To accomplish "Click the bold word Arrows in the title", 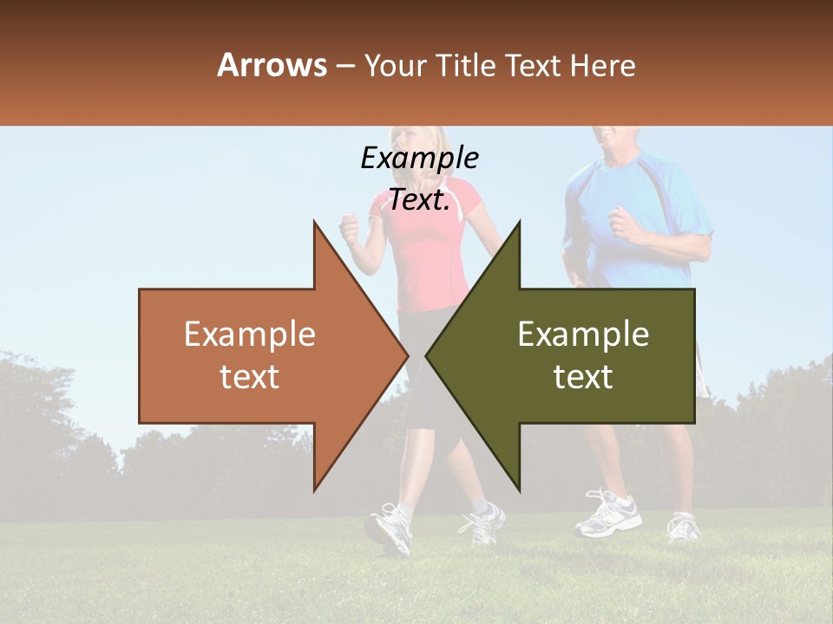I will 272,65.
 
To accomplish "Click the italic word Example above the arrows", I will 419,159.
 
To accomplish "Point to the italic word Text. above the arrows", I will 419,200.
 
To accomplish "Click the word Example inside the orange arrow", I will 250,335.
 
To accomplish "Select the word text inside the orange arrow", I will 250,377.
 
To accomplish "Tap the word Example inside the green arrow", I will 583,335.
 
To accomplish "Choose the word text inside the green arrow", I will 583,377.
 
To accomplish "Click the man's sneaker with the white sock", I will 607,513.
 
